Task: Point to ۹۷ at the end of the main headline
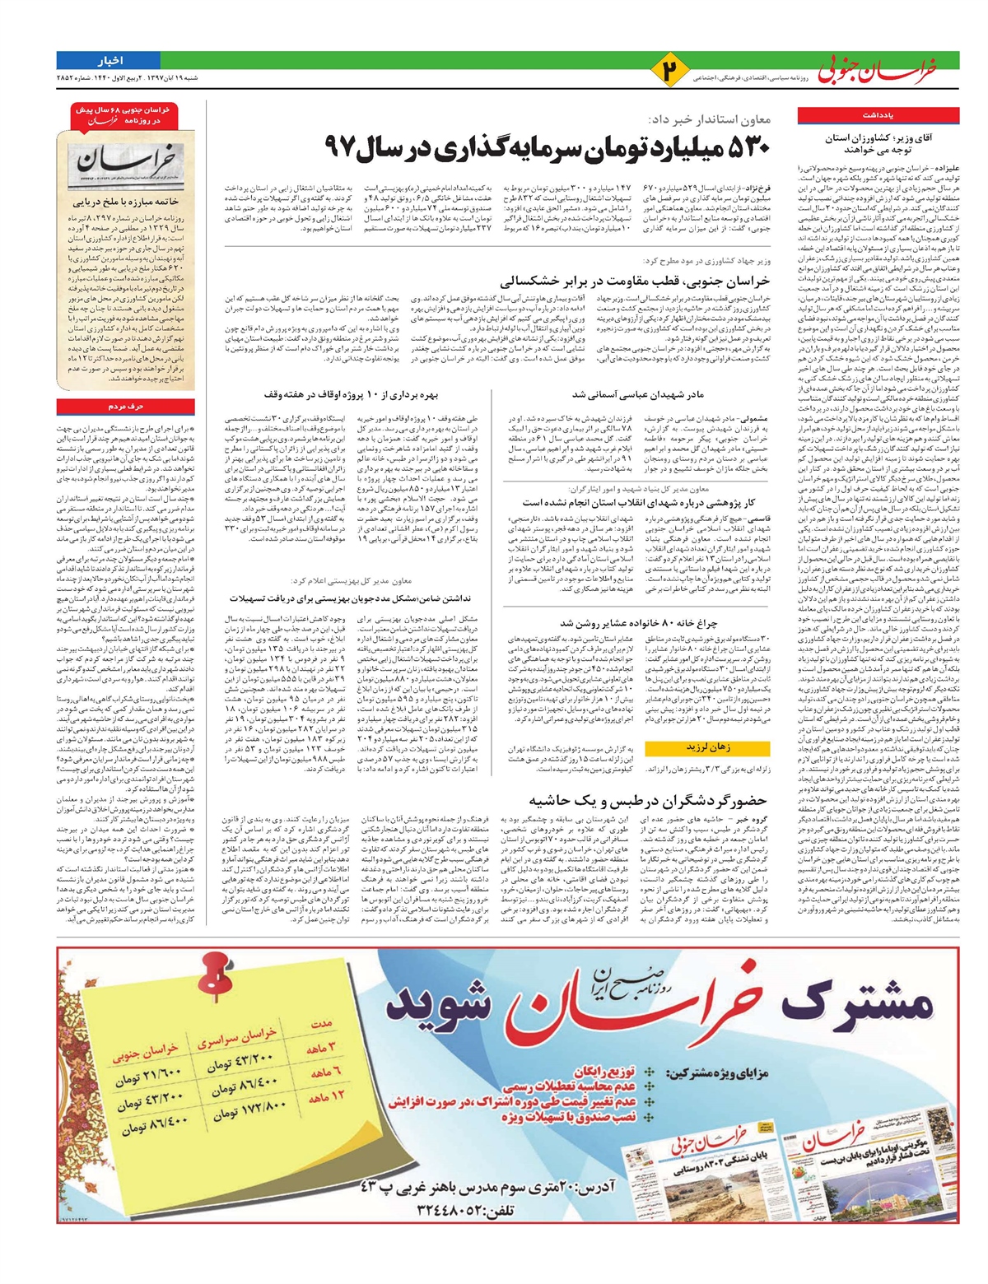point(340,147)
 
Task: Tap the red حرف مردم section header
point(126,407)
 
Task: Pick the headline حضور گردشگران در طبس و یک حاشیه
point(649,801)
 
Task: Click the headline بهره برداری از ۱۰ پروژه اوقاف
point(366,395)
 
